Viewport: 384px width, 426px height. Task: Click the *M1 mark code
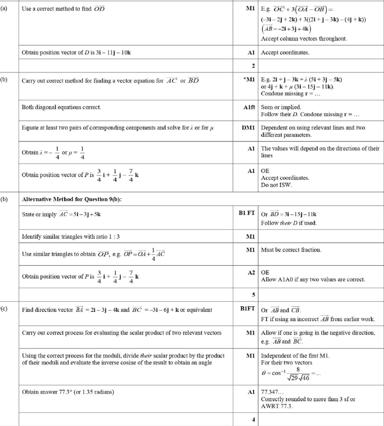click(249, 80)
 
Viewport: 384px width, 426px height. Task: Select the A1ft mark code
click(249, 107)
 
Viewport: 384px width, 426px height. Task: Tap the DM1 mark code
click(248, 128)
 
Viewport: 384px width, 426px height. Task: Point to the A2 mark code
click(251, 272)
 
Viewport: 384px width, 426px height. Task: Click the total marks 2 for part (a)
click(253, 66)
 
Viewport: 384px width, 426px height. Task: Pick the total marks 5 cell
click(253, 295)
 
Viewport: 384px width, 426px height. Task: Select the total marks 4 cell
click(253, 420)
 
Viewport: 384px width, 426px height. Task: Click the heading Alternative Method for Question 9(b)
click(72, 199)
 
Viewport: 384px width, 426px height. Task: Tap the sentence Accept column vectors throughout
click(304, 39)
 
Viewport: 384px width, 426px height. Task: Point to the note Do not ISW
click(276, 185)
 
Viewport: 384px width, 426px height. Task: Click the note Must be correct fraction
click(291, 250)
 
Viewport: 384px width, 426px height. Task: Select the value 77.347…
click(272, 392)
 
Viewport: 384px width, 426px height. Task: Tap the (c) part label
click(3, 308)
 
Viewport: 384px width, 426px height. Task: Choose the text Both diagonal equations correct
click(61, 107)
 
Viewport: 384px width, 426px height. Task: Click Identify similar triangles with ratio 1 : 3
click(71, 237)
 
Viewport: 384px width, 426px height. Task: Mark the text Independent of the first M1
click(295, 356)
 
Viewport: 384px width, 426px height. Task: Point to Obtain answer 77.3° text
click(68, 392)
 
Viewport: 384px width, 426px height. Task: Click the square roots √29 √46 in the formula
click(298, 378)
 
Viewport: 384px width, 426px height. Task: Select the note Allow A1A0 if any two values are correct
click(313, 279)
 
